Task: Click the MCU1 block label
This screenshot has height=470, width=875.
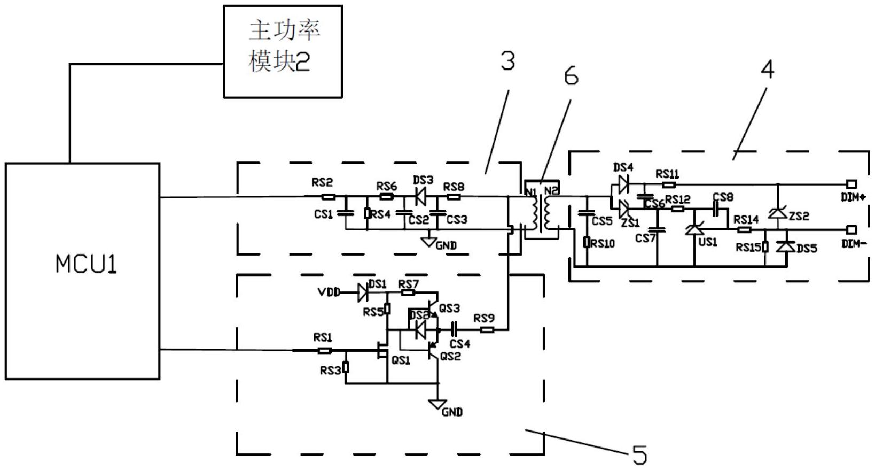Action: click(85, 264)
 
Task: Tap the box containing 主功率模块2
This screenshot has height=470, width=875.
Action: click(283, 51)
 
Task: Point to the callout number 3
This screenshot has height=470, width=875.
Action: click(507, 61)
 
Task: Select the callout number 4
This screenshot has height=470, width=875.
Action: click(767, 69)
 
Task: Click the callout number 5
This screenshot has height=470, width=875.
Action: click(639, 454)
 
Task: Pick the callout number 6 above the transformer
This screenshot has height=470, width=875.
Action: click(571, 77)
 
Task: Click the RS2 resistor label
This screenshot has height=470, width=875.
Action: click(322, 183)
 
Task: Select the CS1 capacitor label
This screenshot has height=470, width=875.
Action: click(324, 214)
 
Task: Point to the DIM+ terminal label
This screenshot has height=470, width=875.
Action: click(853, 197)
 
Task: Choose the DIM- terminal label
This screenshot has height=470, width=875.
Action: click(853, 244)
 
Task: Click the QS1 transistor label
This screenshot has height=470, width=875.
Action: click(401, 360)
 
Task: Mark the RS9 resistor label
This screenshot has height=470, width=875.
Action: click(484, 319)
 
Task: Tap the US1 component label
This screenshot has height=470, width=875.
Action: click(708, 242)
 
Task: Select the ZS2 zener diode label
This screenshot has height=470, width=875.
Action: click(799, 216)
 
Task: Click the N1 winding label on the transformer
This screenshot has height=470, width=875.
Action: click(531, 191)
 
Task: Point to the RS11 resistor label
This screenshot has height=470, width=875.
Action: click(667, 174)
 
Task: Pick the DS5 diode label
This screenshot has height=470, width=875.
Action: click(807, 249)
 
